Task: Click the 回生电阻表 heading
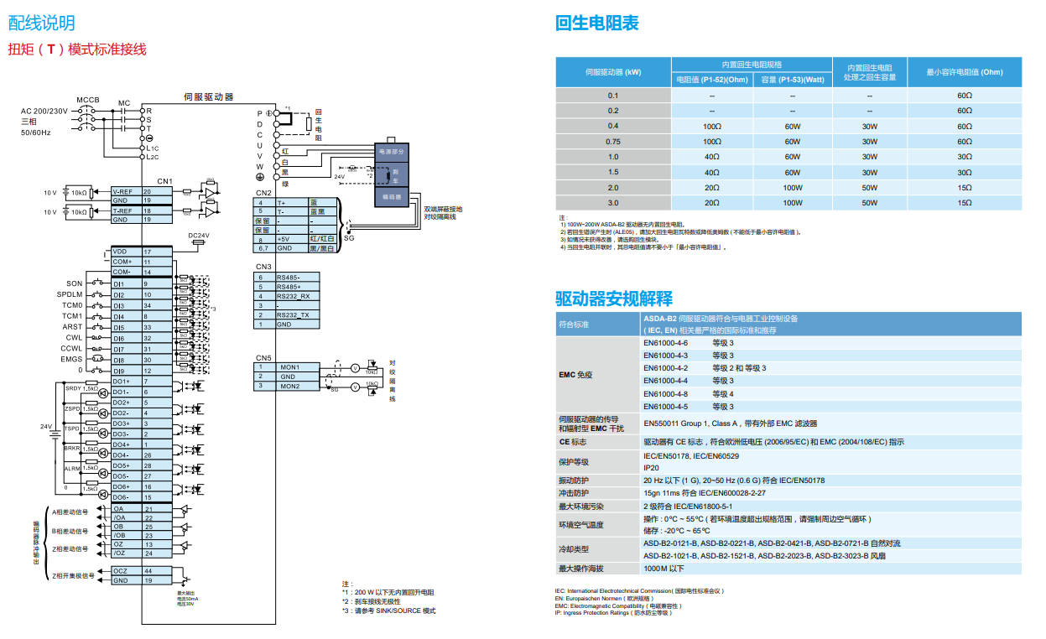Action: pyautogui.click(x=596, y=23)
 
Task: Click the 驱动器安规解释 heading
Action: pyautogui.click(x=614, y=299)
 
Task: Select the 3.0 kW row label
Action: pyautogui.click(x=613, y=203)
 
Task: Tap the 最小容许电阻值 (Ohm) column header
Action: pyautogui.click(x=964, y=72)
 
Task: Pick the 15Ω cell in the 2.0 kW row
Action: pyautogui.click(x=964, y=188)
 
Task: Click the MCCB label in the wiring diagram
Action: pyautogui.click(x=88, y=100)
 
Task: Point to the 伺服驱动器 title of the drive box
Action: pyautogui.click(x=209, y=97)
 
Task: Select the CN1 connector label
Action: pyautogui.click(x=164, y=181)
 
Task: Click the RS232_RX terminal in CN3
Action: pyautogui.click(x=293, y=296)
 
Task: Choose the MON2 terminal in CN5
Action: pyautogui.click(x=290, y=387)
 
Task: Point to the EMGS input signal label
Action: pyautogui.click(x=72, y=359)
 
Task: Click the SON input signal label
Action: pyautogui.click(x=74, y=284)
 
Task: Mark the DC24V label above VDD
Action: pyautogui.click(x=199, y=236)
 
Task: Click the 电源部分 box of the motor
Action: pyautogui.click(x=392, y=152)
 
